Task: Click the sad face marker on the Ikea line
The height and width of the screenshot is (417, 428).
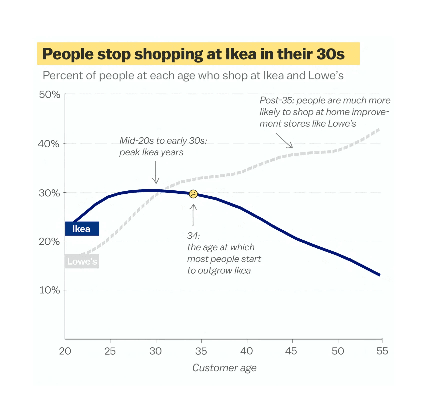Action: (193, 194)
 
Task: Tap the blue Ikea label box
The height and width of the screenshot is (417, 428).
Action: (82, 229)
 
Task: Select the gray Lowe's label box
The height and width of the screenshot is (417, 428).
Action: (82, 261)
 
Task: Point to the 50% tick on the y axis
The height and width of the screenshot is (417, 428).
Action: (50, 95)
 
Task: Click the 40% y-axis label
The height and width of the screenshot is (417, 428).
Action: (49, 144)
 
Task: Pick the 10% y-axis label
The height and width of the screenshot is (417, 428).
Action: (50, 290)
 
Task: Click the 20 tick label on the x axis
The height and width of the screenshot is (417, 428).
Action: (65, 351)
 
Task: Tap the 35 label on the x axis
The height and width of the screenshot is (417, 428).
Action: (201, 351)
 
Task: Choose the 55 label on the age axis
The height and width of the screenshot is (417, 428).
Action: (382, 351)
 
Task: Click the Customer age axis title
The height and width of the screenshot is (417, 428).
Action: (224, 368)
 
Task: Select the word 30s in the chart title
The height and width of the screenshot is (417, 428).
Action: (330, 54)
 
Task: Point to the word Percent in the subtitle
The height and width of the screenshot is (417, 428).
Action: (62, 75)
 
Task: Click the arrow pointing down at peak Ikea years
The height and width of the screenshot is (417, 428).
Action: (156, 173)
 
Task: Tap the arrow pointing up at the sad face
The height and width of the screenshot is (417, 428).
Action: (193, 215)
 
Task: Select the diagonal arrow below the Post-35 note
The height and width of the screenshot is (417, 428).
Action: (284, 141)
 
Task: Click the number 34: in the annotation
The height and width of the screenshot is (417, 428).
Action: (193, 236)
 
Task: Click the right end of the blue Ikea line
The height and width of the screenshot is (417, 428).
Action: (379, 275)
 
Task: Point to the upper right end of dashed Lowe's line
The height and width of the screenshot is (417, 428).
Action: (378, 130)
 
